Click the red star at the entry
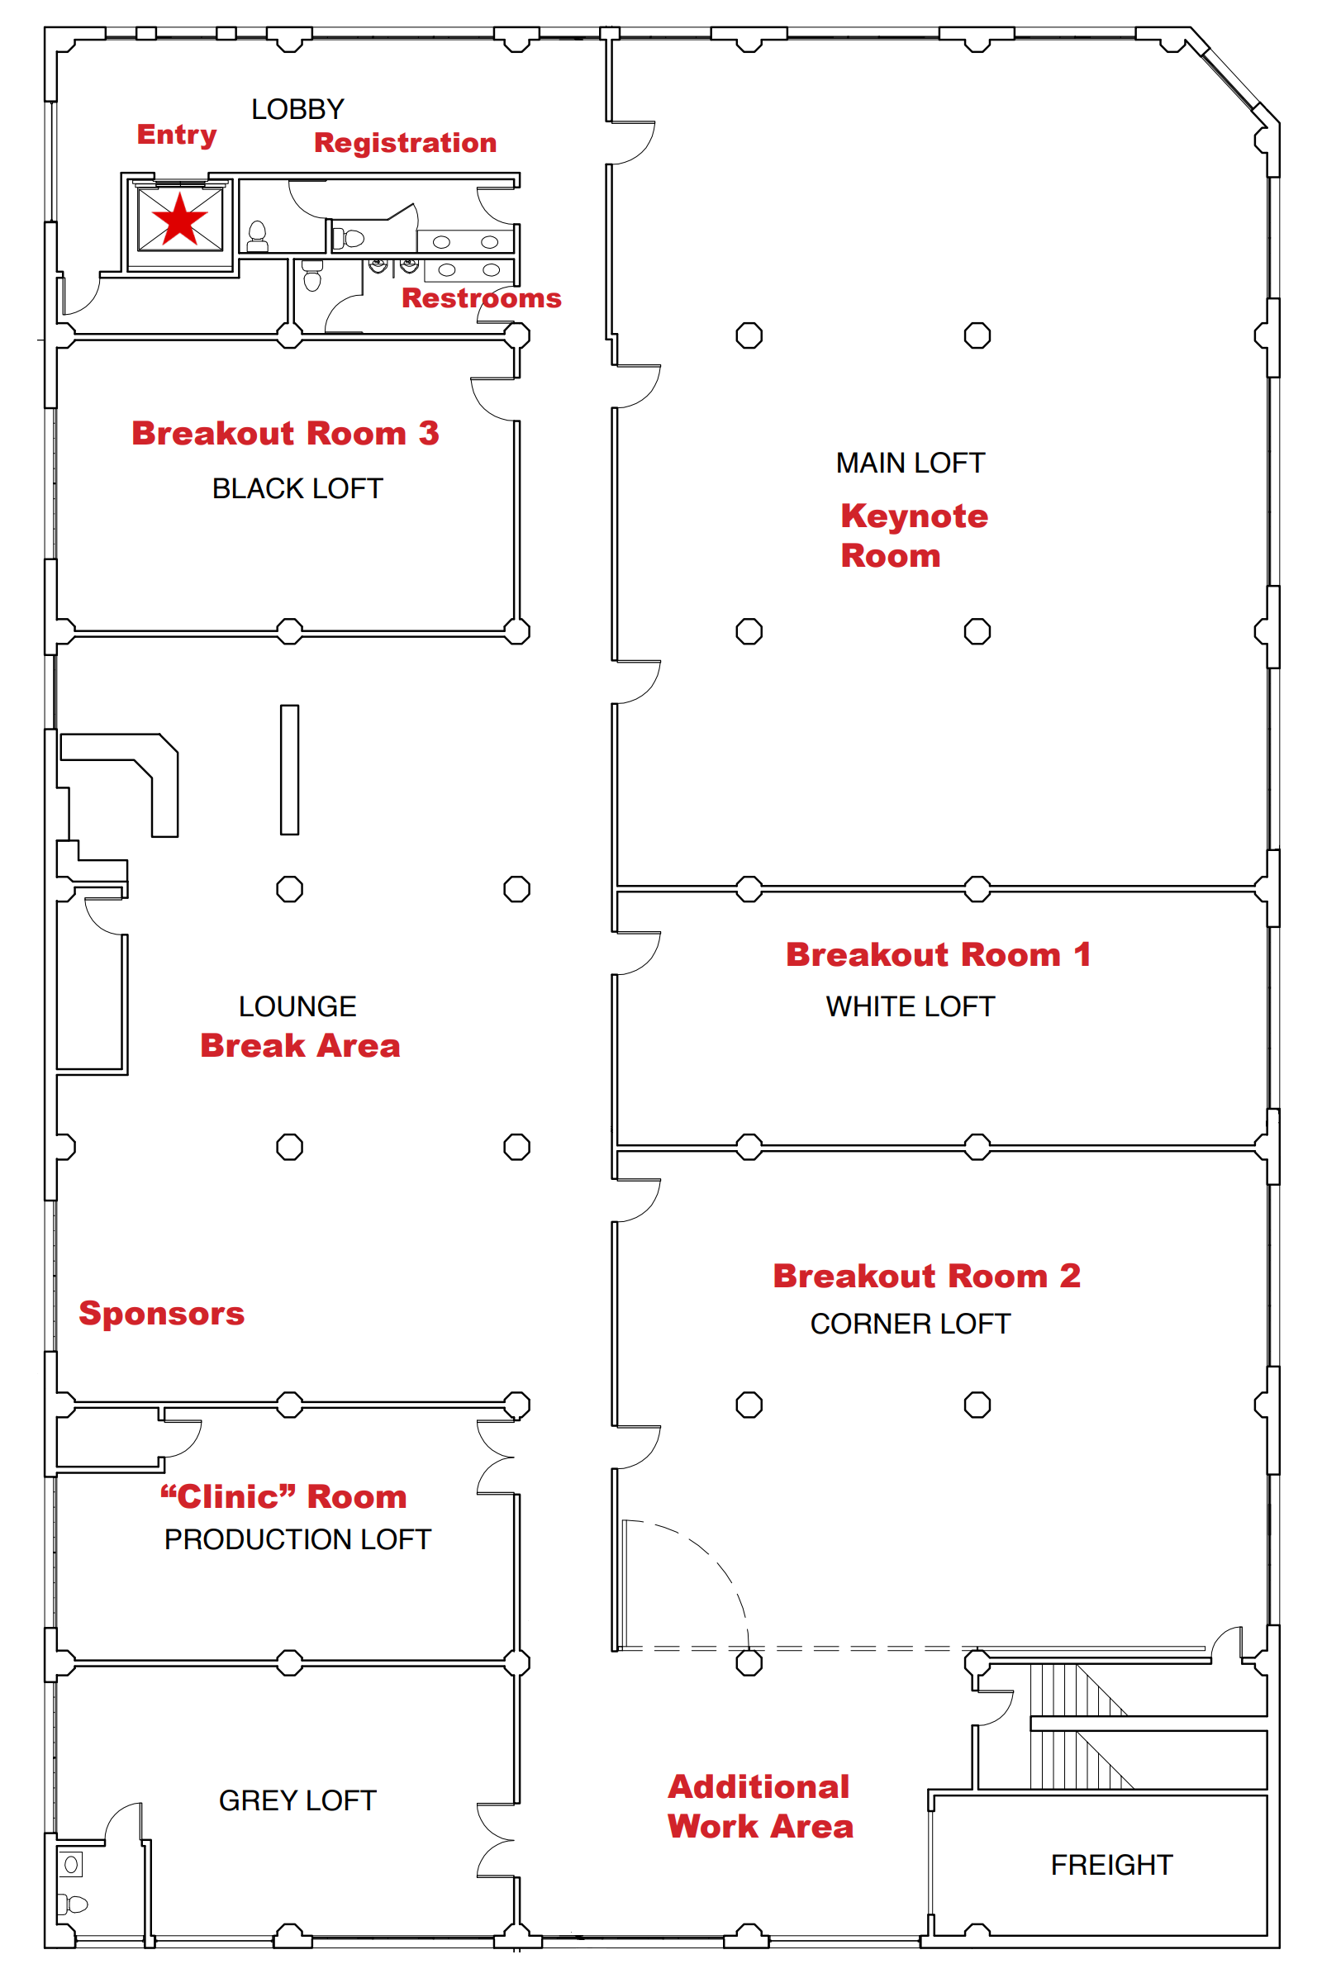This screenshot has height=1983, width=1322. point(179,219)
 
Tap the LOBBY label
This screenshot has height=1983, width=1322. point(297,110)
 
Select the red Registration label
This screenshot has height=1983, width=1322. point(405,142)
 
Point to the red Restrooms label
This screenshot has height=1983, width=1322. point(481,297)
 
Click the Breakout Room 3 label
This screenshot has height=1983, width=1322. point(285,433)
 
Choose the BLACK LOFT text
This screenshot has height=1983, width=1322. point(297,489)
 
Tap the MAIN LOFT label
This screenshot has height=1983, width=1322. point(910,463)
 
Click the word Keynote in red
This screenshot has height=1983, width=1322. point(914,516)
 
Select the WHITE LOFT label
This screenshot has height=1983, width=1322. point(910,1006)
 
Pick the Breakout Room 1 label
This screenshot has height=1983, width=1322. point(938,954)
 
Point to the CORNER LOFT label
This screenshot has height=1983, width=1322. point(910,1324)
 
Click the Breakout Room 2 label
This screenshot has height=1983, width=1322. point(925,1276)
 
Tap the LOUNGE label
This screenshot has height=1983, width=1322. point(297,1006)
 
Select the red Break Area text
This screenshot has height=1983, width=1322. point(299,1045)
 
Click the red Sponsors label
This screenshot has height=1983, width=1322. point(161,1314)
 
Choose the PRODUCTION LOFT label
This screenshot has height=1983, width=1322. point(297,1540)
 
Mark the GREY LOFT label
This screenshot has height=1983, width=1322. point(297,1801)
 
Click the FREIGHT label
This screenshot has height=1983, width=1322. point(1111,1865)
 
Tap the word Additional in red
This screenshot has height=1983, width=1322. point(758,1786)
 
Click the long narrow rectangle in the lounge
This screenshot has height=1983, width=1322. point(289,770)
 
